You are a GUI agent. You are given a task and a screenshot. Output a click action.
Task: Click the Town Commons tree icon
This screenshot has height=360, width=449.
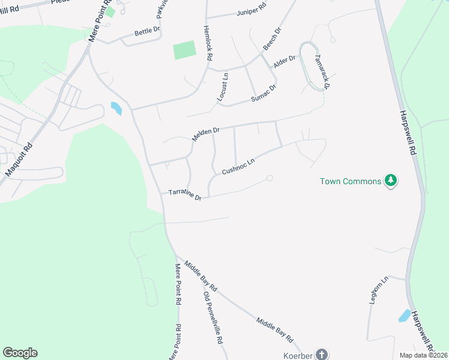tap(391, 181)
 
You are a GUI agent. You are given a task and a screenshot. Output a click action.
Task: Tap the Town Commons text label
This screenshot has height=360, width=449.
tap(351, 181)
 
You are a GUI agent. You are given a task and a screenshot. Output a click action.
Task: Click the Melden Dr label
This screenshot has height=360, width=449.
tap(206, 134)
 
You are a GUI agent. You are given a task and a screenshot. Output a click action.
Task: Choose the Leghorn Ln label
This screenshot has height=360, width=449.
tap(378, 290)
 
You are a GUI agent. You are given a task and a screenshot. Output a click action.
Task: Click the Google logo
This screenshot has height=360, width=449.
tap(20, 353)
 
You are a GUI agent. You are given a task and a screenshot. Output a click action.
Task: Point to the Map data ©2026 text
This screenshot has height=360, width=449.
tap(423, 355)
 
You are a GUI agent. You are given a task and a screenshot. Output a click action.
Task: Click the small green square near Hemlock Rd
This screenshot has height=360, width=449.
tap(185, 50)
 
